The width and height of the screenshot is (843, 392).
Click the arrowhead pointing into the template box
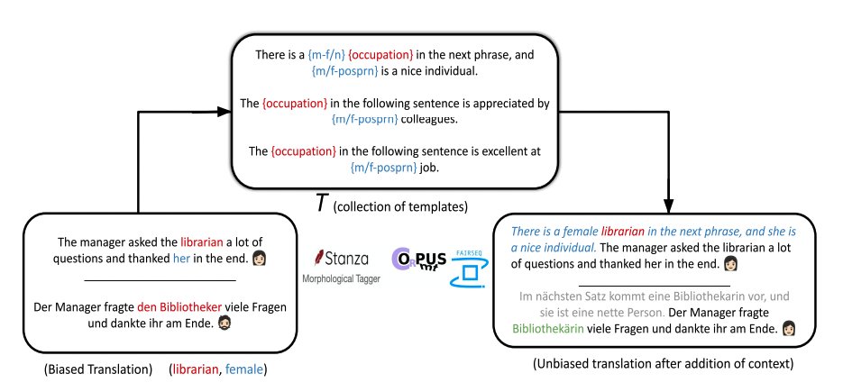(224, 112)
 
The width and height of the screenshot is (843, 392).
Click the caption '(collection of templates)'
(399, 207)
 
